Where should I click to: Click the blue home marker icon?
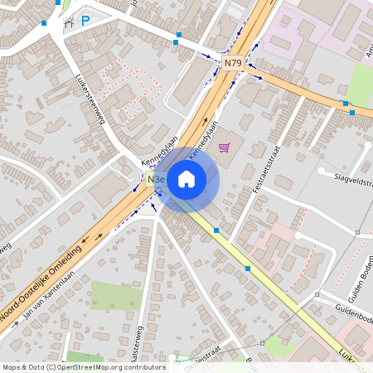pos(186,179)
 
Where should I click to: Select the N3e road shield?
pos(156,179)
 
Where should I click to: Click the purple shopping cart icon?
pos(224,148)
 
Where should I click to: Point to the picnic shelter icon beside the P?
pos(69,22)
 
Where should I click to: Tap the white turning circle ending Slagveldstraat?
pos(321,172)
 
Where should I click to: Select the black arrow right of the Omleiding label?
pos(99,237)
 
